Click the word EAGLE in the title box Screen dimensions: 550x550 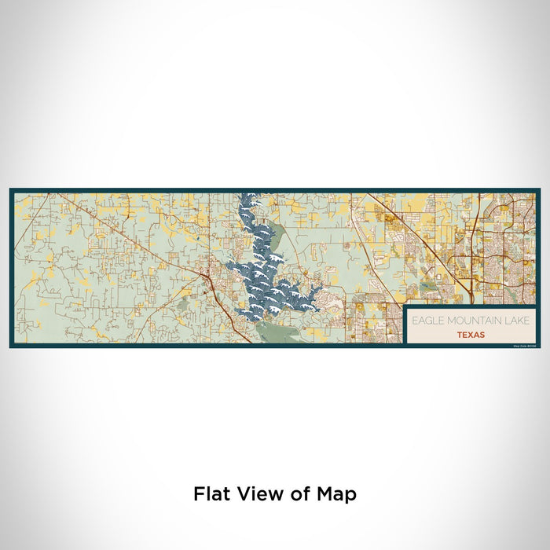tap(423, 321)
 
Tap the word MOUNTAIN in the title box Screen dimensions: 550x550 tap(459, 321)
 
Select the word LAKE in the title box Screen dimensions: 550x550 tap(497, 321)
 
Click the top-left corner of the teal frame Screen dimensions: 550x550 tap(11, 189)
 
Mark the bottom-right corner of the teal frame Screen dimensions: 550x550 tap(539, 346)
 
